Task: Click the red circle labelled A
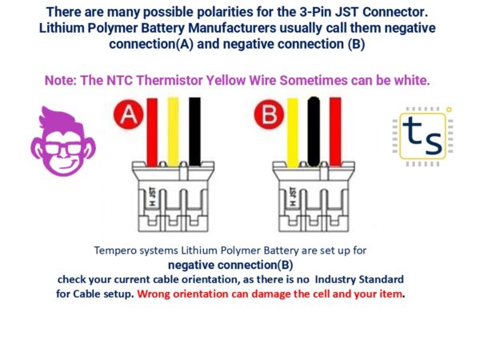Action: [126, 116]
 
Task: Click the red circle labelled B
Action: [266, 116]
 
